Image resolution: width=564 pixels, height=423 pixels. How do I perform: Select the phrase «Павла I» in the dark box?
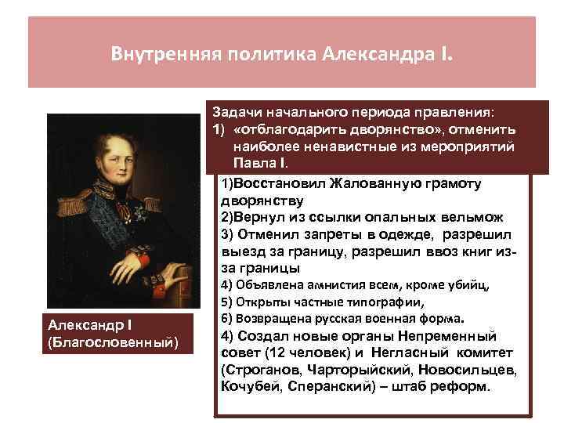coord(259,164)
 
